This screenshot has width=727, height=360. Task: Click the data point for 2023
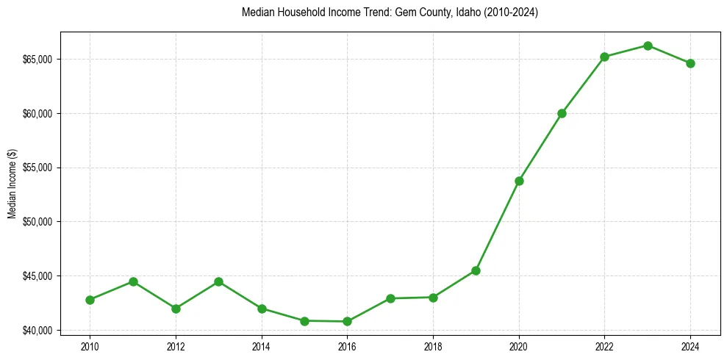pyautogui.click(x=648, y=46)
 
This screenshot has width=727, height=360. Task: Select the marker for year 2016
pyautogui.click(x=347, y=321)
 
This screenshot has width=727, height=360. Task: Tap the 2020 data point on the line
pyautogui.click(x=519, y=181)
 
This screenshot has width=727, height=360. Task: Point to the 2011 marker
pyautogui.click(x=133, y=281)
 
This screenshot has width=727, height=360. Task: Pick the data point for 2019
pyautogui.click(x=476, y=270)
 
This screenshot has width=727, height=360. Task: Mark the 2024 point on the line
pyautogui.click(x=690, y=63)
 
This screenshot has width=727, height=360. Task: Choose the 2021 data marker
pyautogui.click(x=562, y=113)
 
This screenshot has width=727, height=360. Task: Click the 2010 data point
pyautogui.click(x=90, y=300)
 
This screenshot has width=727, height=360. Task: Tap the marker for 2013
pyautogui.click(x=218, y=281)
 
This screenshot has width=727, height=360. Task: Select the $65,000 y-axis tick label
pyautogui.click(x=38, y=59)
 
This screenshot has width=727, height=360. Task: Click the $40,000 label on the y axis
pyautogui.click(x=38, y=330)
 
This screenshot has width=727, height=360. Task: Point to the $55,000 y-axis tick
pyautogui.click(x=38, y=168)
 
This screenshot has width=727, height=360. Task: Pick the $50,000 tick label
pyautogui.click(x=38, y=222)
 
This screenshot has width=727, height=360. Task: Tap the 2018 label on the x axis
pyautogui.click(x=433, y=346)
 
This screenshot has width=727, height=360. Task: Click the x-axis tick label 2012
pyautogui.click(x=176, y=346)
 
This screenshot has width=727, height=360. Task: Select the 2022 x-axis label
pyautogui.click(x=604, y=346)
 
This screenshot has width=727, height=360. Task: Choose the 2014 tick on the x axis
pyautogui.click(x=261, y=346)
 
